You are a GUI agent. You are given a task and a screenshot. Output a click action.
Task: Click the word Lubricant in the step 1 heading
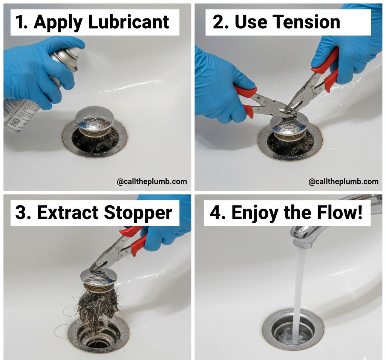pos(128,23)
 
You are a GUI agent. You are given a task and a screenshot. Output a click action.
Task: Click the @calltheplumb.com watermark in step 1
pos(152,182)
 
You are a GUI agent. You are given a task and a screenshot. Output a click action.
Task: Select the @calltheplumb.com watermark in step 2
pos(343,182)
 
